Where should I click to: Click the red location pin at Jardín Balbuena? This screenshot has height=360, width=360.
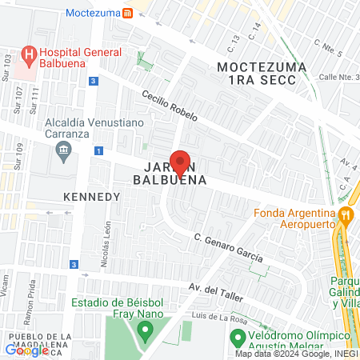pyautogui.click(x=180, y=162)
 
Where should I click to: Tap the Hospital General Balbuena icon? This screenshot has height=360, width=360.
pyautogui.click(x=29, y=55)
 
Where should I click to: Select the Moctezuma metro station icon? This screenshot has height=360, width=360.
pyautogui.click(x=129, y=14)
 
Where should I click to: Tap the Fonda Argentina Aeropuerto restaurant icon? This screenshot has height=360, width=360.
pyautogui.click(x=345, y=214)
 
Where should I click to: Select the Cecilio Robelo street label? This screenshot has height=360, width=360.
pyautogui.click(x=170, y=106)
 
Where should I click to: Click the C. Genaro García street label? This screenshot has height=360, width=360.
pyautogui.click(x=228, y=247)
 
